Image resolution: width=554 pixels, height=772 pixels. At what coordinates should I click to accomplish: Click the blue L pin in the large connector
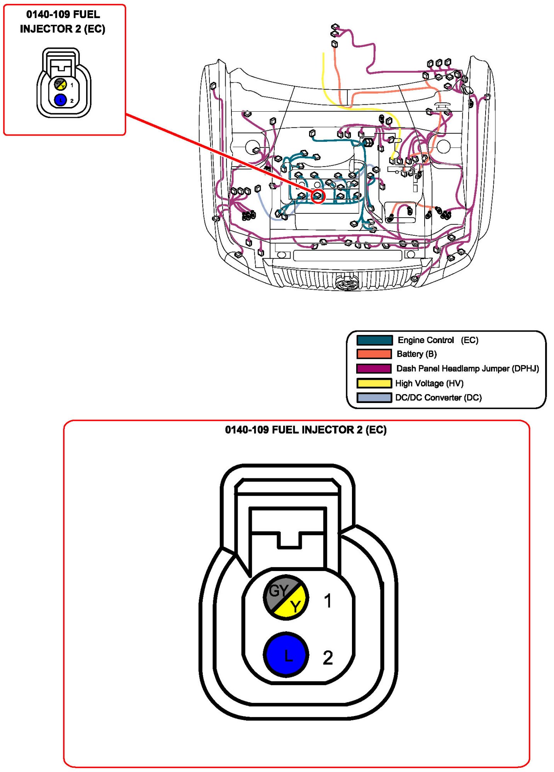coord(286,655)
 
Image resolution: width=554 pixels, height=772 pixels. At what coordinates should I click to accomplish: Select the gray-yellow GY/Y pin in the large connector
coord(286,597)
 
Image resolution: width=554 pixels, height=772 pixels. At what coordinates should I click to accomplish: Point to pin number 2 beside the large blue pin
coord(328,658)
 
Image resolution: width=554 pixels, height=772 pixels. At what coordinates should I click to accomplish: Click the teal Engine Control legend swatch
coord(374,340)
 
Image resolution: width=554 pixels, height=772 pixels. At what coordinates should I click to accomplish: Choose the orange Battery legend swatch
coord(374,354)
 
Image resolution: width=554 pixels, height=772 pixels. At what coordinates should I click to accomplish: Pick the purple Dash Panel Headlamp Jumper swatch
coord(374,368)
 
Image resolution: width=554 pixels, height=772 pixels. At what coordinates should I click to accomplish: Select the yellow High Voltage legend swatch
coord(374,383)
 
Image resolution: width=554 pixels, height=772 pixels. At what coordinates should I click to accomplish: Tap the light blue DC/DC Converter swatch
coord(374,397)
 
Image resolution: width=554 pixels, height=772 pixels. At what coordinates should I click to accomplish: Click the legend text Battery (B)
coord(416,354)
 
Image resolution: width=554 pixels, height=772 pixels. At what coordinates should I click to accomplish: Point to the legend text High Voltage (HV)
coord(429,383)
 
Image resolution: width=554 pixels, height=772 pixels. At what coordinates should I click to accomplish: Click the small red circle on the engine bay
coord(318,196)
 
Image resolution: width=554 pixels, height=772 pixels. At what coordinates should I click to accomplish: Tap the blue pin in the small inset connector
coord(60,100)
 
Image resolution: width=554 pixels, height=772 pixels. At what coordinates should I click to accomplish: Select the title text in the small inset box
coord(63,22)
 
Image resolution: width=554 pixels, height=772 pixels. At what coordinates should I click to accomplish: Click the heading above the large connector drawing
coord(306,430)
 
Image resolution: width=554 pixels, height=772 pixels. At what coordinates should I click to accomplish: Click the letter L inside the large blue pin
coord(288,655)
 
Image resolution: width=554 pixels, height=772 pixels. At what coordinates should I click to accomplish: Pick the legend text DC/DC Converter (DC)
coord(438,398)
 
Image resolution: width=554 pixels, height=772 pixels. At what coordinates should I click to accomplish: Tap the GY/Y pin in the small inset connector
coord(60,84)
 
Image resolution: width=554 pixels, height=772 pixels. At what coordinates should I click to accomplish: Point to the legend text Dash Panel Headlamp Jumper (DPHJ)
coord(467,369)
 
